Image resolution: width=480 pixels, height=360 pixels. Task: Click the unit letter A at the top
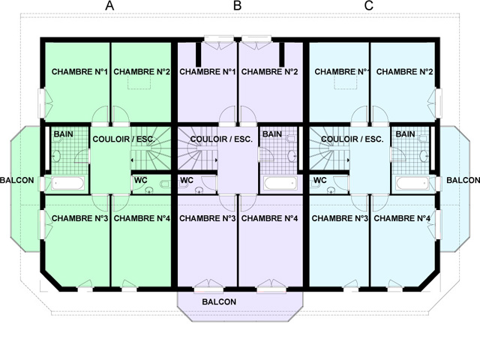tap(109, 5)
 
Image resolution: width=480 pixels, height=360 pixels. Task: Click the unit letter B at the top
tap(237, 5)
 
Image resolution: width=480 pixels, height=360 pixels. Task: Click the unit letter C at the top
tap(369, 5)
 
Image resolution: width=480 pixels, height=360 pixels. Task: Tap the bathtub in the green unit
tap(67, 183)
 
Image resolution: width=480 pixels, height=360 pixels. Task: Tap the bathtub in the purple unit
tap(280, 183)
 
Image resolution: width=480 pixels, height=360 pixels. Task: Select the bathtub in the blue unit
tap(412, 183)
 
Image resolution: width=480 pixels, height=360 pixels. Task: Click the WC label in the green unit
tap(140, 180)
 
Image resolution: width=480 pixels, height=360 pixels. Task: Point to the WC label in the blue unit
tap(320, 180)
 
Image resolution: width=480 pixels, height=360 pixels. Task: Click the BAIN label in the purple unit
tap(272, 134)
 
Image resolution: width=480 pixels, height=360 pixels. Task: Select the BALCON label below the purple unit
tap(219, 301)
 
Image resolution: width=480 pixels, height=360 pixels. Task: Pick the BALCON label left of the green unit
tap(16, 180)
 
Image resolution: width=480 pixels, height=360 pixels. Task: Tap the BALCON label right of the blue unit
tap(463, 180)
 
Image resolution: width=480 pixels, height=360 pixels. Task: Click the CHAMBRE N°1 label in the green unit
tap(79, 72)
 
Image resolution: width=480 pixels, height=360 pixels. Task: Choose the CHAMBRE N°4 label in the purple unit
tap(269, 218)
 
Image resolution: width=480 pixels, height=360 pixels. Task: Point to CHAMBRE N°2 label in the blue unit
tap(404, 72)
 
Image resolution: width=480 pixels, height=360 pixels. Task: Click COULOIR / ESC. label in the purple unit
tap(221, 139)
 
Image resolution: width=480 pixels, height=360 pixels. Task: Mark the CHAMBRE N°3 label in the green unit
tap(79, 218)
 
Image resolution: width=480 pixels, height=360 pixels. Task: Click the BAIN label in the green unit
tap(63, 134)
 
